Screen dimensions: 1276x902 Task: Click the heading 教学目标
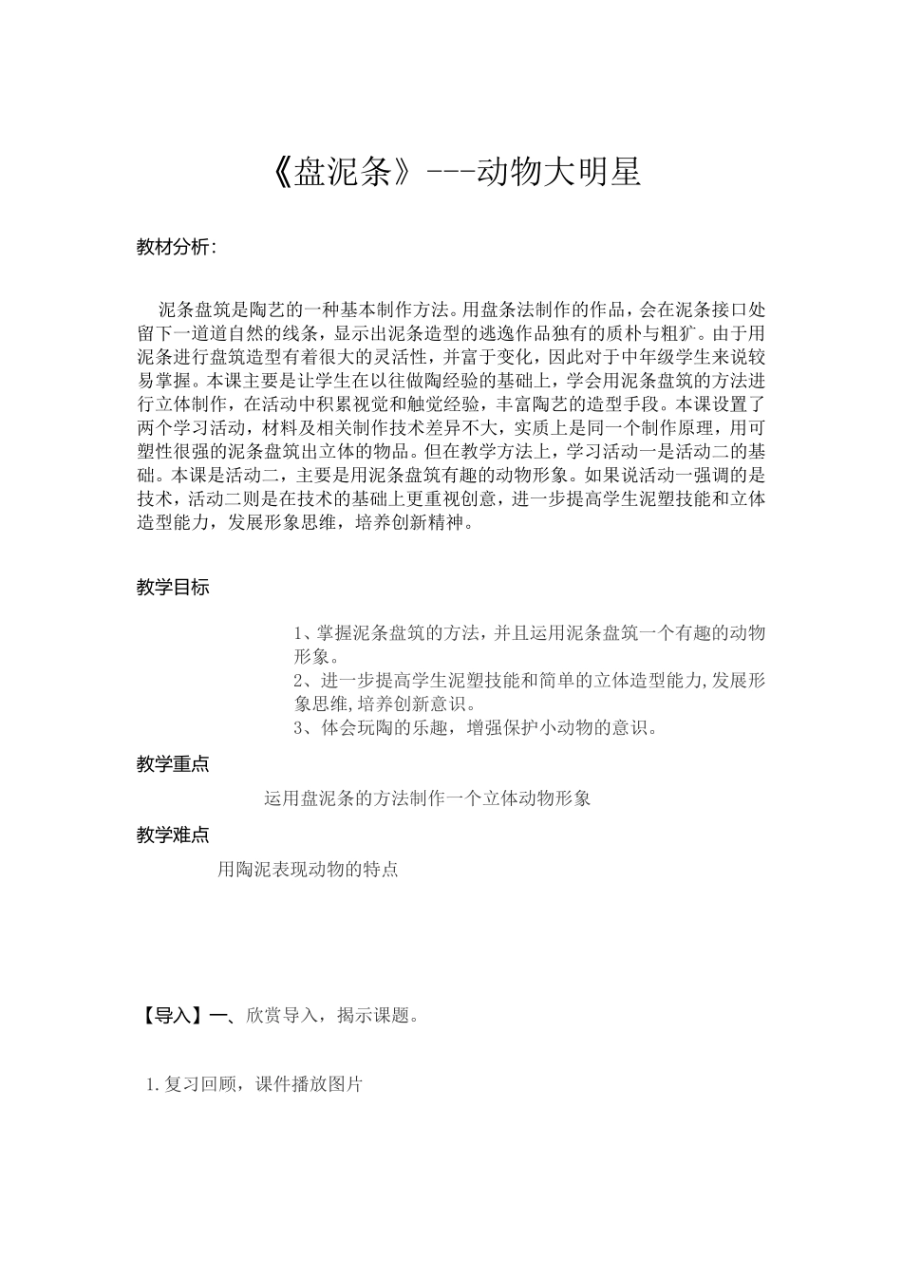click(173, 587)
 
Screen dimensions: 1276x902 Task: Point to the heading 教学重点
click(173, 763)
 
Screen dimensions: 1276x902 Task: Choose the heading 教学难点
click(173, 835)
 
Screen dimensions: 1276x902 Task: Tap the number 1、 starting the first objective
click(305, 632)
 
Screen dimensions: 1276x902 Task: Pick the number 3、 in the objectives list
click(305, 728)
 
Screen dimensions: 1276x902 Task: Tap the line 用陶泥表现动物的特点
click(308, 869)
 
